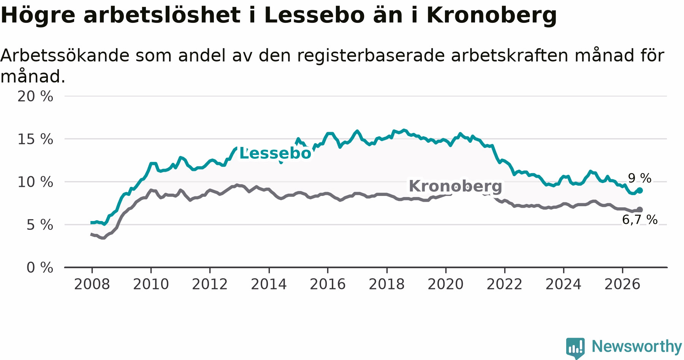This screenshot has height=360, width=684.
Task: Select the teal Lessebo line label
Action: [x=275, y=153]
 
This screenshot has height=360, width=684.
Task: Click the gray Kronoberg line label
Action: [x=455, y=186]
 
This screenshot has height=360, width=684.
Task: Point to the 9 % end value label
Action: [x=640, y=178]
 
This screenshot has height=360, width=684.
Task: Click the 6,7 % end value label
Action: [x=640, y=219]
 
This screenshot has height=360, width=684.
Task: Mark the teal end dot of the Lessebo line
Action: [x=640, y=190]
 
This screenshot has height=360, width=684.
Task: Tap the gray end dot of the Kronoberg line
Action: [x=640, y=210]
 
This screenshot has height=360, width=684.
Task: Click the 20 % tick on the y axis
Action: [x=35, y=96]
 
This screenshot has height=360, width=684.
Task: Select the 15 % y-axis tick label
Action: [x=35, y=139]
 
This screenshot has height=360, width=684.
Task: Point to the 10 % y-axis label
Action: [x=35, y=182]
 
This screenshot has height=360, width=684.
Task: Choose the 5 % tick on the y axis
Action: [x=40, y=225]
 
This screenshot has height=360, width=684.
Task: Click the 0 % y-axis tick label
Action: [x=40, y=268]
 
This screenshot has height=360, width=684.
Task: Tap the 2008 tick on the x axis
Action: [x=92, y=284]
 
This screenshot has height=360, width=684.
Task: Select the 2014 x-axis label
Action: [x=269, y=284]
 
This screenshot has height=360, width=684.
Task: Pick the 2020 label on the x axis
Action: [x=445, y=284]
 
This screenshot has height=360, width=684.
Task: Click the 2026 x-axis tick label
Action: [x=622, y=284]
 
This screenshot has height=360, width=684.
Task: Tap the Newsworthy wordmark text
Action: [x=637, y=346]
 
